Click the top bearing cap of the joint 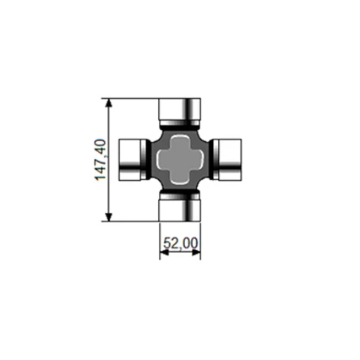180,107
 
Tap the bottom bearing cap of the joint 180,211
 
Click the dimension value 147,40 100,159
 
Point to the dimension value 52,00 180,243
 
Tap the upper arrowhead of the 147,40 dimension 108,102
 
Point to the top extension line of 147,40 134,97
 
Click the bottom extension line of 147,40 134,221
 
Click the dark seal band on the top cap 180,122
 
